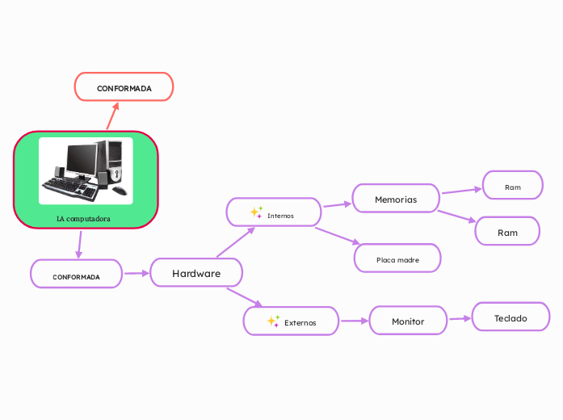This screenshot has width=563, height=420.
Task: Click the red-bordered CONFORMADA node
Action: [x=124, y=87]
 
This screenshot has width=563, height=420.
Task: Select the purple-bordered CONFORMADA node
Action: [x=77, y=276]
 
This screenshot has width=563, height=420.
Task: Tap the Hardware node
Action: [x=196, y=273]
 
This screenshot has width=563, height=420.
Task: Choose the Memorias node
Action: [x=396, y=199]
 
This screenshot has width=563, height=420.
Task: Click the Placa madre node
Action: [x=397, y=259]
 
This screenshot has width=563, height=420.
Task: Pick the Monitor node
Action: [x=408, y=321]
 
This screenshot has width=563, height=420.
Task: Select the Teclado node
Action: [x=510, y=318]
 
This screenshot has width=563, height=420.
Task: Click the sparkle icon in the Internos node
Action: [x=256, y=212]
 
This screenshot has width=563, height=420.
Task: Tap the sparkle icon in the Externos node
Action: [x=273, y=321]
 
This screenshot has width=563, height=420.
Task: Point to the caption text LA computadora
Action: [x=84, y=218]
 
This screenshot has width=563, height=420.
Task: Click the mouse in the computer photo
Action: [x=120, y=191]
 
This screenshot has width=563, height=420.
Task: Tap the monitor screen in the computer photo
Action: [x=81, y=158]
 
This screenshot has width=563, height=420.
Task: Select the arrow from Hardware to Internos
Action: [x=235, y=242]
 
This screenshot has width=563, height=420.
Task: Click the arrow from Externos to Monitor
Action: [x=353, y=321]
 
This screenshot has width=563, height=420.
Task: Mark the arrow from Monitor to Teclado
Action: [x=460, y=319]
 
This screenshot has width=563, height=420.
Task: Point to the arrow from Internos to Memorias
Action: [x=337, y=205]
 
